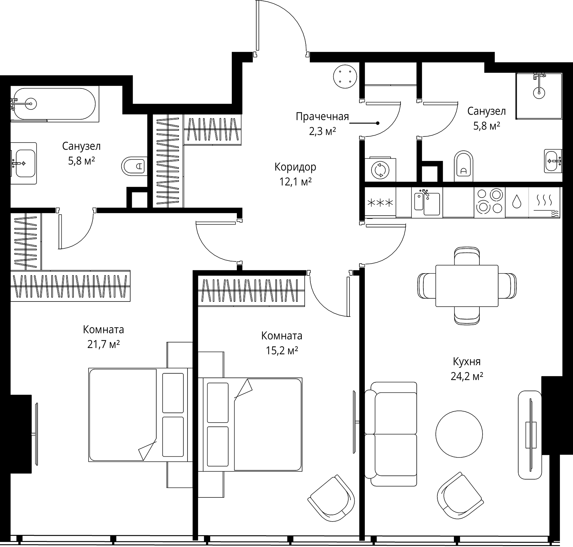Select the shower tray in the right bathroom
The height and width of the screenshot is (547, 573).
539,96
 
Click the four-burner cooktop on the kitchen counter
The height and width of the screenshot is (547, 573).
489,202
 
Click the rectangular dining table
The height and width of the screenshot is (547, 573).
467,286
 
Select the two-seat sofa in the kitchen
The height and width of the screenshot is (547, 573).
391,434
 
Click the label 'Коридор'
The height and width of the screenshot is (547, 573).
295,167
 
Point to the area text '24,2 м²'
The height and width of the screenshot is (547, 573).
467,377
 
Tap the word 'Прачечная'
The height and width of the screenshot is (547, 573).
322,117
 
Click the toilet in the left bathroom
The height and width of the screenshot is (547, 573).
134,166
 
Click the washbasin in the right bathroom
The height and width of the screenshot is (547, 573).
553,161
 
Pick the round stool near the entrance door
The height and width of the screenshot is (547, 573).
345,76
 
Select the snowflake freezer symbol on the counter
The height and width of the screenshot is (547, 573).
380,203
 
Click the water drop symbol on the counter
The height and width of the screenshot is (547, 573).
516,201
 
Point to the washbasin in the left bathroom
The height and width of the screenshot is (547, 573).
24,163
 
